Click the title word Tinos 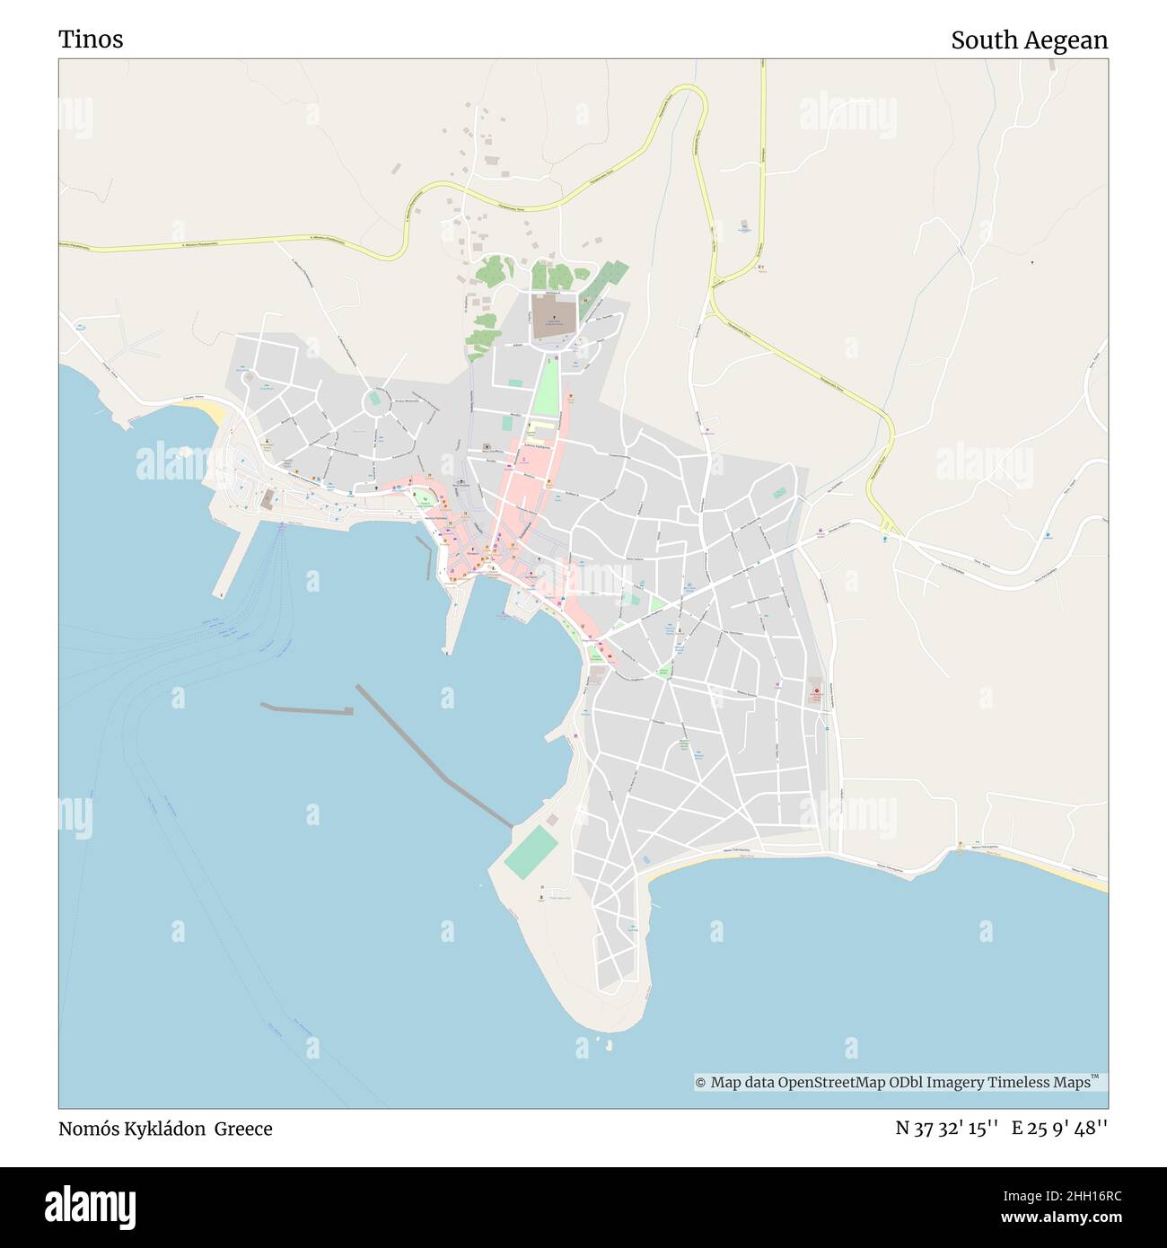[91, 40]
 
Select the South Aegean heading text [1029, 40]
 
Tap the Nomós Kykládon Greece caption [165, 1129]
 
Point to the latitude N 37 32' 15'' [947, 1129]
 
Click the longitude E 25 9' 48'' [1059, 1129]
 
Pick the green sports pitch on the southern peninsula [531, 852]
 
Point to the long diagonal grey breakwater [434, 756]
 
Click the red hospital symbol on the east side [816, 691]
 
